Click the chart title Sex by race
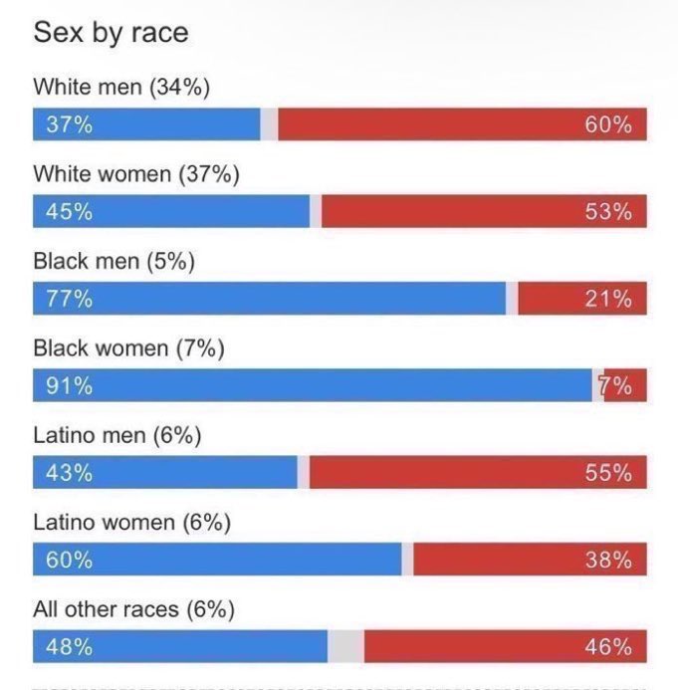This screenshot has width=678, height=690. [111, 33]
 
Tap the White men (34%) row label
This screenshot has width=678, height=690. [121, 88]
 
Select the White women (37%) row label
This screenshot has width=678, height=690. [136, 174]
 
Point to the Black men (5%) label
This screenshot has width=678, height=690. [113, 261]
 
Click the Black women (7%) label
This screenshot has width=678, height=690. [128, 347]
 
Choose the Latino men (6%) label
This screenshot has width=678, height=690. [117, 435]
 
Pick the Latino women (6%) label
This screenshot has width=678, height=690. [131, 522]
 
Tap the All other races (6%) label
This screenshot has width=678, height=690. [133, 608]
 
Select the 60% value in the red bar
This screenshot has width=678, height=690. [608, 124]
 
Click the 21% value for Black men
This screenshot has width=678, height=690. [608, 299]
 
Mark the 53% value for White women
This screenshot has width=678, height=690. [608, 211]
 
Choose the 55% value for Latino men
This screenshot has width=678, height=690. [608, 472]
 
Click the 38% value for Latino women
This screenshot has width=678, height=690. [608, 560]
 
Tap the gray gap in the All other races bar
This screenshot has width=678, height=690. [345, 646]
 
